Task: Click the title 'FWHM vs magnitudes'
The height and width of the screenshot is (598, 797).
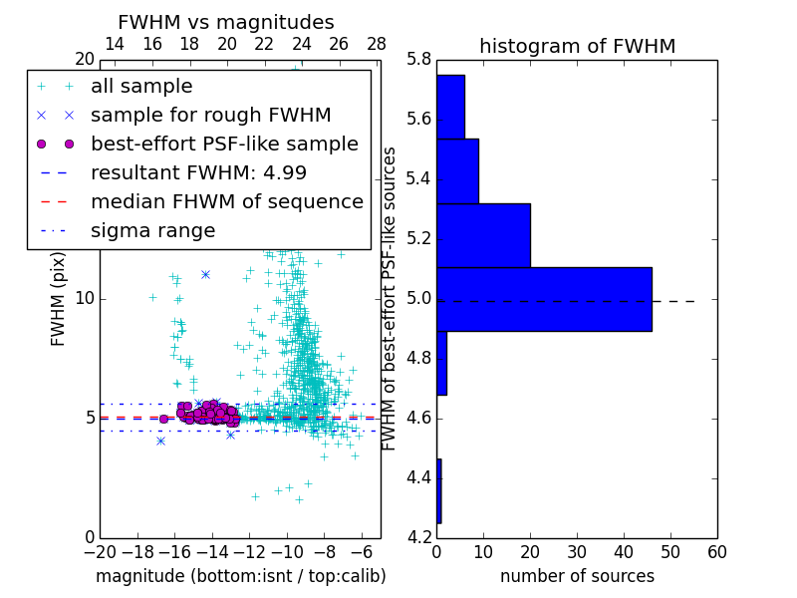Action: pos(226,22)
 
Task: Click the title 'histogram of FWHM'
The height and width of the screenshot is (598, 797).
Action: pos(577,46)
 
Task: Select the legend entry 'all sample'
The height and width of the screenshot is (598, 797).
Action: pos(141,86)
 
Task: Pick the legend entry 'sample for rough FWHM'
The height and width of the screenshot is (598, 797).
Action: pos(210,115)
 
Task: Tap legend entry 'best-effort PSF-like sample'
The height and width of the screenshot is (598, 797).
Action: pos(224,144)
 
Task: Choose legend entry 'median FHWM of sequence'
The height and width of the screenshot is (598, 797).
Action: pos(226,201)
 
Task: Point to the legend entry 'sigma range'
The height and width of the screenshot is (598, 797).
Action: pos(152,230)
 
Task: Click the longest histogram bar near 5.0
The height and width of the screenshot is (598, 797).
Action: pos(544,299)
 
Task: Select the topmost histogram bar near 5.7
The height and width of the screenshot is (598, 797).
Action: pos(450,107)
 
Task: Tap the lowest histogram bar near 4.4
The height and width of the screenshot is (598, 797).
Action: pos(438,490)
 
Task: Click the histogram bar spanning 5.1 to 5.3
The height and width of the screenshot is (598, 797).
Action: pos(483,235)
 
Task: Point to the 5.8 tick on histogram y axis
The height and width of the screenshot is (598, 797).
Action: pos(419,60)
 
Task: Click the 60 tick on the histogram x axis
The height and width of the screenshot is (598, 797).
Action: pos(716,552)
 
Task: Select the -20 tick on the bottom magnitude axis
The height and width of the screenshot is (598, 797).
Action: pos(100,552)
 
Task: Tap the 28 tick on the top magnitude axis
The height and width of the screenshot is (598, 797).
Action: pos(377,44)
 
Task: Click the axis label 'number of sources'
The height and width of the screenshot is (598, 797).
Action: pos(577,576)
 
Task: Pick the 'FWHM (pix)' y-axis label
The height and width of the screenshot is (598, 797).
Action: pos(59,298)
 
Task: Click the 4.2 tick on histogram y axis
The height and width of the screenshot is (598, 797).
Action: pos(419,537)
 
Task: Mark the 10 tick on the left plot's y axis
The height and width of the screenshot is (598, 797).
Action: pos(85,298)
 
